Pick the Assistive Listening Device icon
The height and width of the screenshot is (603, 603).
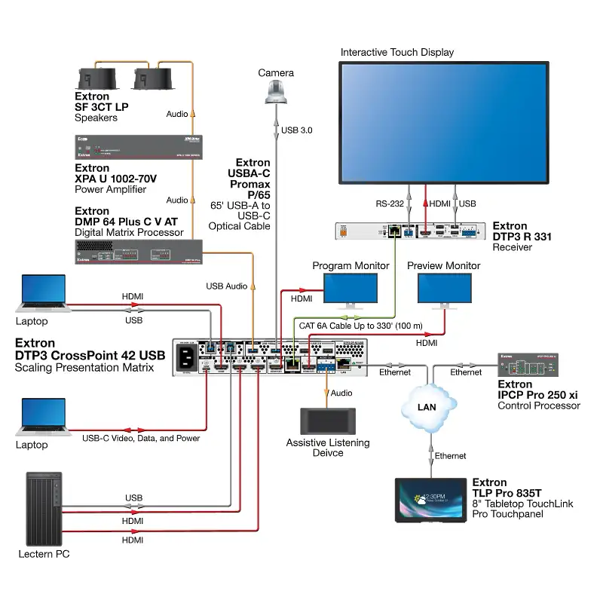coord(328,421)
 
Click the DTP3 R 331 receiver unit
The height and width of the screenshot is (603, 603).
coord(409,231)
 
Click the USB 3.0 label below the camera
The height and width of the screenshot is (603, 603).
coord(296,130)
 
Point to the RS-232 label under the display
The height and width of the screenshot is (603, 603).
coord(390,204)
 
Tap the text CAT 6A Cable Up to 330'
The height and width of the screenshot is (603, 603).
coord(346,326)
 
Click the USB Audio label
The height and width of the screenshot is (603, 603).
coord(226,286)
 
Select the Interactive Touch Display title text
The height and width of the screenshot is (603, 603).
coord(397,52)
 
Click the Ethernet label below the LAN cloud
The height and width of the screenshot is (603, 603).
coord(451,456)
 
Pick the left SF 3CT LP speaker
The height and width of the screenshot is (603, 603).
coord(95,78)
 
